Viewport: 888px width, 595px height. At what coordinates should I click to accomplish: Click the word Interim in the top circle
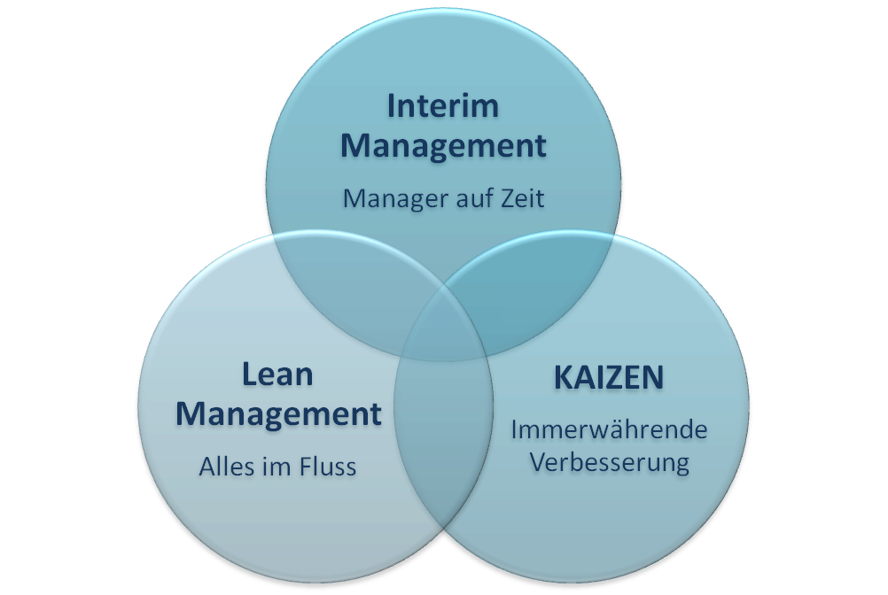(x=443, y=105)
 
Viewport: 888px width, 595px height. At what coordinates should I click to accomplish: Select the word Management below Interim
(x=443, y=145)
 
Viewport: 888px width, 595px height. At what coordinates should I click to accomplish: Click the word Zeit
(x=520, y=197)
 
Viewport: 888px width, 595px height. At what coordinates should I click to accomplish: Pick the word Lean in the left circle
(x=277, y=374)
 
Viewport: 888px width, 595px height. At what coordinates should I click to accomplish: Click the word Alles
(x=225, y=467)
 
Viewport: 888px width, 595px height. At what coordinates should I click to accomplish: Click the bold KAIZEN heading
(x=608, y=377)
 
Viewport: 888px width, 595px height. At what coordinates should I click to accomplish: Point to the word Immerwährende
(x=609, y=430)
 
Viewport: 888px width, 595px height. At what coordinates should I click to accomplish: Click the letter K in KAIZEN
(x=564, y=377)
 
